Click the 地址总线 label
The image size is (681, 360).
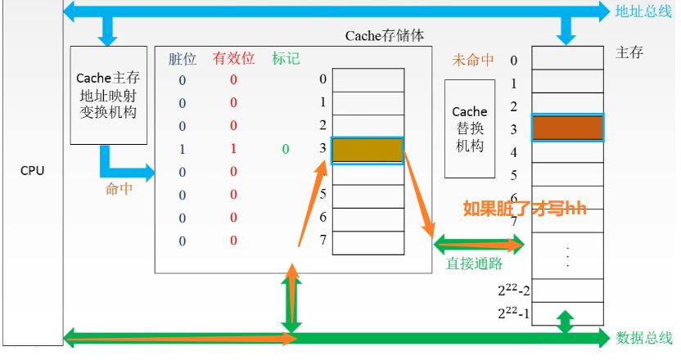[643, 11]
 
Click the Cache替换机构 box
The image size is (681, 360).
[469, 128]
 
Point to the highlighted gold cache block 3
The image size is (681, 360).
[368, 150]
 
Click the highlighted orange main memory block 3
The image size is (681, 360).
[567, 128]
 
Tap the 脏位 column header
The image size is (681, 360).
[183, 59]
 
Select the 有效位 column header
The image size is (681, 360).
[233, 59]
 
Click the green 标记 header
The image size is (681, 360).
[285, 59]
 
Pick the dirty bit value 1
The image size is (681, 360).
[183, 149]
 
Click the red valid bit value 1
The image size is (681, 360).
[233, 149]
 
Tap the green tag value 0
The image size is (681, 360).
[285, 149]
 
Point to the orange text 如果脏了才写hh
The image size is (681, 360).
[525, 208]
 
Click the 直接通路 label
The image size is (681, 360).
[474, 263]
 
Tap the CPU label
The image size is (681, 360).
[33, 171]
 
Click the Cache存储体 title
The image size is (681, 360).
[385, 36]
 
